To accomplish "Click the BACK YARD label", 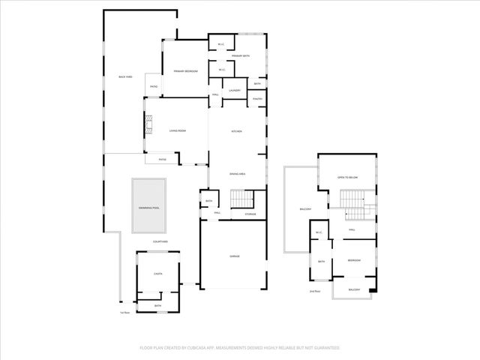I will pyautogui.click(x=125, y=77).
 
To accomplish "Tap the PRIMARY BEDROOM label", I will pyautogui.click(x=185, y=71).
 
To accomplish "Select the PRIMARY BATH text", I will pyautogui.click(x=240, y=56).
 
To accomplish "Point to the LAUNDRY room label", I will pyautogui.click(x=234, y=91).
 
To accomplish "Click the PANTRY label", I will pyautogui.click(x=257, y=99).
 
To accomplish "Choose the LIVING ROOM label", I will pyautogui.click(x=177, y=130).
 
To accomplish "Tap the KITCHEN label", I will pyautogui.click(x=236, y=131).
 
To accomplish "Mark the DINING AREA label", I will pyautogui.click(x=237, y=174).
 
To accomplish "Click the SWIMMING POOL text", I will pyautogui.click(x=148, y=207).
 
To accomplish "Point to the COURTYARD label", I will pyautogui.click(x=160, y=241).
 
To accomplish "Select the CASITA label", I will pyautogui.click(x=158, y=274).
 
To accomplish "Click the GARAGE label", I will pyautogui.click(x=235, y=256).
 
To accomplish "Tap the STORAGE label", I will pyautogui.click(x=250, y=214).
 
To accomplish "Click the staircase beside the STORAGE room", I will pyautogui.click(x=241, y=199).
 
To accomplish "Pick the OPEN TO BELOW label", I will pyautogui.click(x=347, y=178).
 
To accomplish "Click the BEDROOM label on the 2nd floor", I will pyautogui.click(x=354, y=260).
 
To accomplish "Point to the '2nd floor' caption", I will pyautogui.click(x=315, y=291).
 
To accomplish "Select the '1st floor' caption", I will pyautogui.click(x=125, y=312).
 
